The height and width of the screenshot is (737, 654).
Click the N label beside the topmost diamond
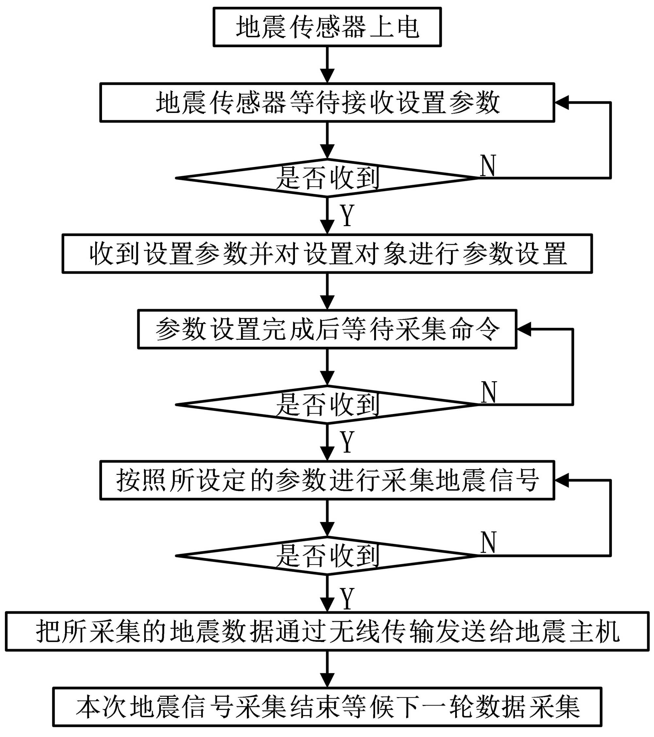point(488,166)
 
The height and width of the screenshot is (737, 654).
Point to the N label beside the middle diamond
point(489,392)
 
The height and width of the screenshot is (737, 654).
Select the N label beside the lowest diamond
point(489,543)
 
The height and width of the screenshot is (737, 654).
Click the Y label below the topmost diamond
point(347,215)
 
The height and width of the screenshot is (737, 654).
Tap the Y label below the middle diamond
point(347,442)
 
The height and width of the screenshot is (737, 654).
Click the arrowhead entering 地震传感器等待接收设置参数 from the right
point(561,102)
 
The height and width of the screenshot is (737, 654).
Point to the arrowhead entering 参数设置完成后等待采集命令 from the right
point(524,329)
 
